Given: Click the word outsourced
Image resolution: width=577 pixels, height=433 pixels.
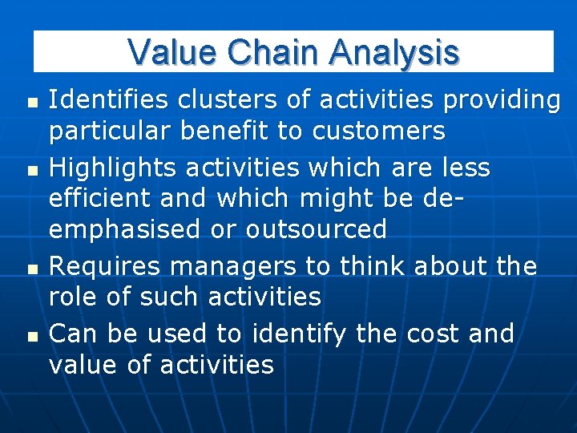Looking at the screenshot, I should pyautogui.click(x=317, y=229).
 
